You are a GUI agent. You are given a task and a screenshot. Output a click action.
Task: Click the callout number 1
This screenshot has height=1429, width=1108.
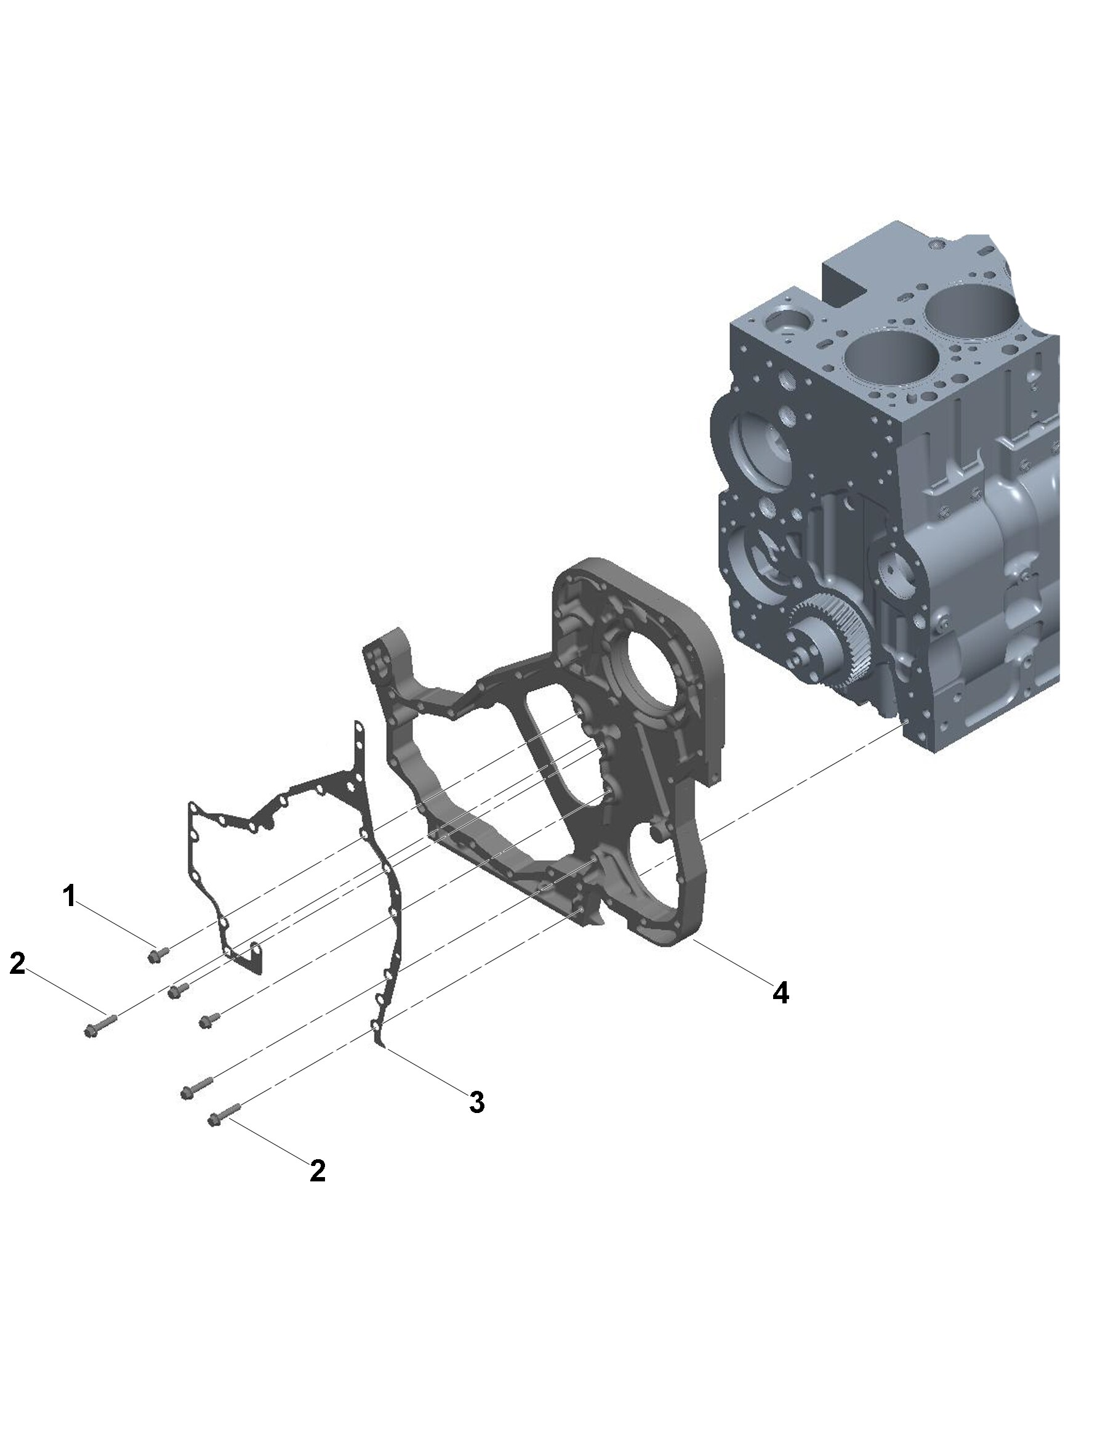click(x=70, y=896)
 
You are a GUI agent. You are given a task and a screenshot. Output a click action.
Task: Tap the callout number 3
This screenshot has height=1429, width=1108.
click(x=477, y=1102)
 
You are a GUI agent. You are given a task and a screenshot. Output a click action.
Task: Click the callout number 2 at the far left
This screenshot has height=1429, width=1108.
click(x=17, y=963)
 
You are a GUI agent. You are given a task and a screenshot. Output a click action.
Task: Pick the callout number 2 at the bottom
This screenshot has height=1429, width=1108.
click(x=317, y=1170)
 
